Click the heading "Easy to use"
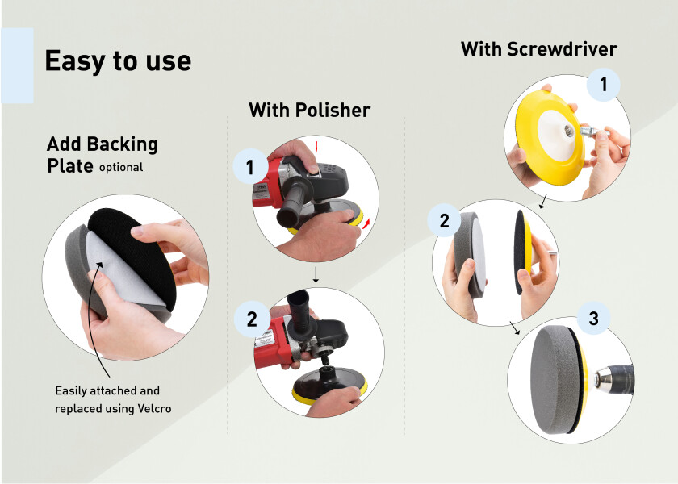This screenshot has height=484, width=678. pyautogui.click(x=118, y=61)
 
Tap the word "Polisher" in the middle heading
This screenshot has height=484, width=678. pyautogui.click(x=333, y=110)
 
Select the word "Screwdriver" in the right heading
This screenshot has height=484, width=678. pyautogui.click(x=562, y=49)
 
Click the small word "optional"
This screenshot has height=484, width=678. pyautogui.click(x=121, y=167)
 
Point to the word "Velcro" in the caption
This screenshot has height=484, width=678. pyautogui.click(x=154, y=408)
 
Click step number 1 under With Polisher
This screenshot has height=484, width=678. pyautogui.click(x=249, y=167)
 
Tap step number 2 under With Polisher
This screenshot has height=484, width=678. pyautogui.click(x=252, y=319)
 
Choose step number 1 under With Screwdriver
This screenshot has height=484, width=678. pyautogui.click(x=604, y=84)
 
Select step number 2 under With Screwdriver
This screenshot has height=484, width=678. pyautogui.click(x=445, y=221)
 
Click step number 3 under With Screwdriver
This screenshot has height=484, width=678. pyautogui.click(x=594, y=319)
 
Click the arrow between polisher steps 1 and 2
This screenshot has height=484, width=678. pyautogui.click(x=316, y=275)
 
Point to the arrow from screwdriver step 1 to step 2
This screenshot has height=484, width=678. pyautogui.click(x=543, y=201)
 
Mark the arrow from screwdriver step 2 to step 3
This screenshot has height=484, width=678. pyautogui.click(x=515, y=328)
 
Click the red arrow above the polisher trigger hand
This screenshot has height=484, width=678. pyautogui.click(x=316, y=146)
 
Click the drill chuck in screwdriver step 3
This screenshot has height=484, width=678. pyautogui.click(x=614, y=377)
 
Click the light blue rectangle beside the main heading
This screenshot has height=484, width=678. pyautogui.click(x=17, y=65)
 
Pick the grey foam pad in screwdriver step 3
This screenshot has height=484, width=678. pyautogui.click(x=555, y=379)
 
